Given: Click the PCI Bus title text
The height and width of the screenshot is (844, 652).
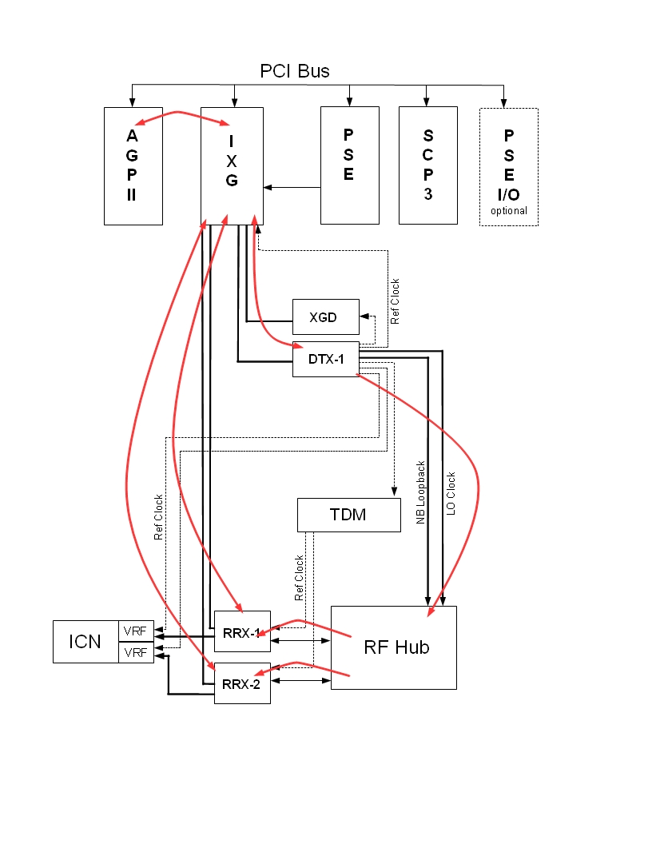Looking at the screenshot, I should point(295,71).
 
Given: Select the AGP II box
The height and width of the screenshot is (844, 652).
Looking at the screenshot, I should point(132,165).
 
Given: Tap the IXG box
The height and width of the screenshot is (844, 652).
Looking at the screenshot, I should point(232,165).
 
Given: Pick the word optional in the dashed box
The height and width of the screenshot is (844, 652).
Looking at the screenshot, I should point(509,211).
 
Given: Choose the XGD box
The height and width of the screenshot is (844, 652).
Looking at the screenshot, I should point(323,317).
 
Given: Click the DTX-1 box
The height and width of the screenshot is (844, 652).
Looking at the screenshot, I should point(326,360).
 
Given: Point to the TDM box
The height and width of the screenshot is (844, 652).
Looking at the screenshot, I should point(348,515).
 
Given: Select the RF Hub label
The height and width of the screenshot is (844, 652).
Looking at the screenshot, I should point(396,647).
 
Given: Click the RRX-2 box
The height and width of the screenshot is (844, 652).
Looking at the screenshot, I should point(242,684).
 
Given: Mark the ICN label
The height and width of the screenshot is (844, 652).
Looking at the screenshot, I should point(85,641).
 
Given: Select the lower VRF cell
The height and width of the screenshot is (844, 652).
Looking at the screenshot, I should point(134,653).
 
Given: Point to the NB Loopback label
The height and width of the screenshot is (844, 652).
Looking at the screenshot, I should point(421,493).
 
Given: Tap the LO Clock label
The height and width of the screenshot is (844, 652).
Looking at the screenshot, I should point(451,493).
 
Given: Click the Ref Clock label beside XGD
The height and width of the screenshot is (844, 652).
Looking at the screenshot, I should point(395,301).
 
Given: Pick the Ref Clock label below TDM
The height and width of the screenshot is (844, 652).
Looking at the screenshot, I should point(300,578).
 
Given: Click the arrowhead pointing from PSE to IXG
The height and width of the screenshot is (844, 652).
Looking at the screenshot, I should point(268,188).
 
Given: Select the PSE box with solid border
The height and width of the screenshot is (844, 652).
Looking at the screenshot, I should point(349,165).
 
